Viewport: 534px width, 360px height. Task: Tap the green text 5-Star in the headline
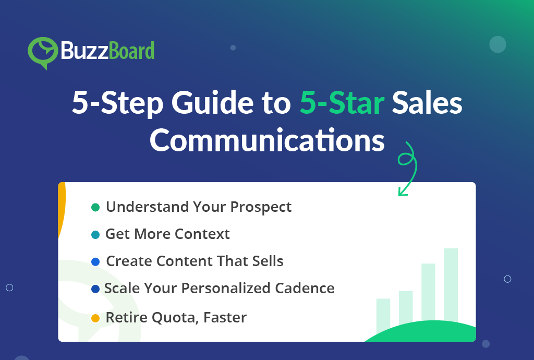(x=342, y=103)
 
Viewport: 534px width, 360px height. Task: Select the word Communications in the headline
(x=267, y=140)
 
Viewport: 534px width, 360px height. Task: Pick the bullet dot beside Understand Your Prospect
(x=95, y=208)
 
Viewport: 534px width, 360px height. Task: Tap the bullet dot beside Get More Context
(x=95, y=235)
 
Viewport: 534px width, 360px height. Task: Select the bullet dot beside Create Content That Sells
(x=95, y=262)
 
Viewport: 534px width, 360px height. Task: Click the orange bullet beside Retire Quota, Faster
(x=95, y=318)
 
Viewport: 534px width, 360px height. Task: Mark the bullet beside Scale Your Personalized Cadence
(x=95, y=289)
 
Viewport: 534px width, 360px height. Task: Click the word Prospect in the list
(x=261, y=207)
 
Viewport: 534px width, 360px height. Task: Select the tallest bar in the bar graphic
(x=451, y=284)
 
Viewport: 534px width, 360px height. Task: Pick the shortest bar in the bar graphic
(x=383, y=316)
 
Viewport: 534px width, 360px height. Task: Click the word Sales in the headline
(x=427, y=103)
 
